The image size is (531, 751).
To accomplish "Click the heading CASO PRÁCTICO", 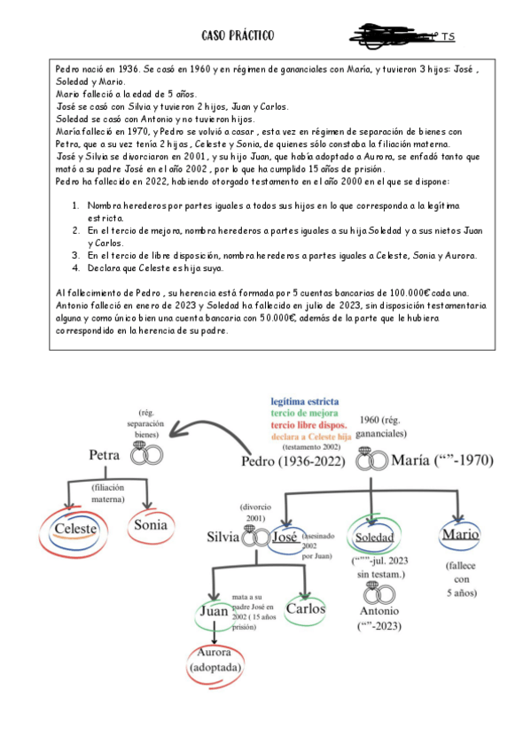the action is (x=238, y=35).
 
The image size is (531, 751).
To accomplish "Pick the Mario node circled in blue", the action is (x=458, y=535).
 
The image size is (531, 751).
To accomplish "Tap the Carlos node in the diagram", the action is (x=304, y=609).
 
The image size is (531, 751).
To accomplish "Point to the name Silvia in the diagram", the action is (x=223, y=537).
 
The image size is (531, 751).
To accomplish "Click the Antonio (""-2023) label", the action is (x=379, y=617).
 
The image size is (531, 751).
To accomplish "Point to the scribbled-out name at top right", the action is (x=390, y=36).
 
